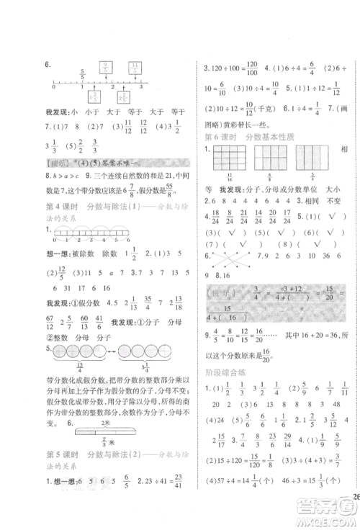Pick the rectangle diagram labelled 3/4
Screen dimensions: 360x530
309,159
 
